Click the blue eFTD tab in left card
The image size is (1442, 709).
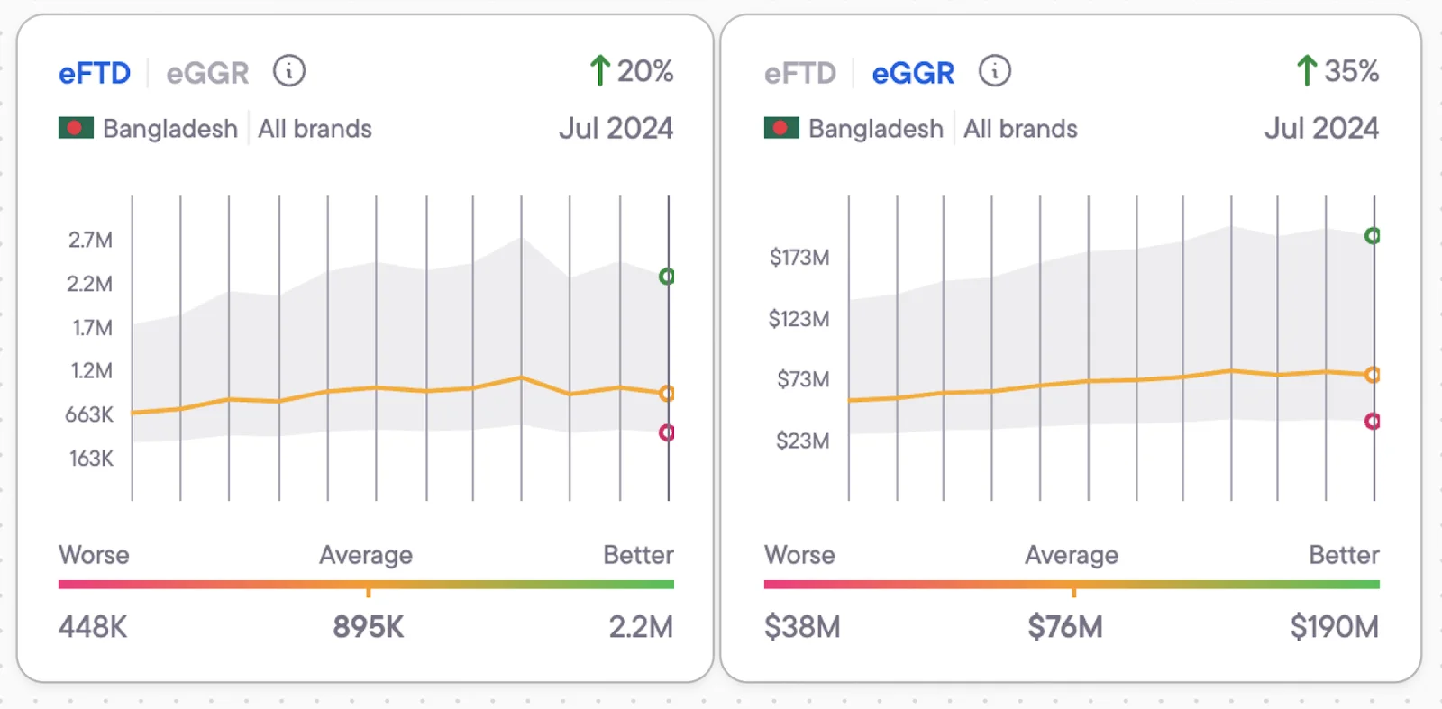pos(95,73)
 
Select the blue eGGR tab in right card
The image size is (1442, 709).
pos(912,73)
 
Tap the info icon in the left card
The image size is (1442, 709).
pos(289,70)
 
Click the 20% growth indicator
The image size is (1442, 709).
pos(632,70)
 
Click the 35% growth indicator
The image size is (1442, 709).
pos(1337,70)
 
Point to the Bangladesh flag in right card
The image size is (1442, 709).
pos(781,128)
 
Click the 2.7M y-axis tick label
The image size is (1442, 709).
pos(90,240)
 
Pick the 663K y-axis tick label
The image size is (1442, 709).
pos(89,414)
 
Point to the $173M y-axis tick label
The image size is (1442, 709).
pos(799,258)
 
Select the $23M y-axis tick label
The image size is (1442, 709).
pos(802,441)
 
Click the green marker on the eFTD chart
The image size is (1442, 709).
pos(667,277)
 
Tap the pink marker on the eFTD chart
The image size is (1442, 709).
pos(667,433)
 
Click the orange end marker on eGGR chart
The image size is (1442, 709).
pos(1373,375)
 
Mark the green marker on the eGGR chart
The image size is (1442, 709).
pos(1373,236)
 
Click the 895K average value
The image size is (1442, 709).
pos(368,626)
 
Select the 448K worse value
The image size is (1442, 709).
pos(93,626)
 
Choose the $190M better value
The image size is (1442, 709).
pos(1334,626)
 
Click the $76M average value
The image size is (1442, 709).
pos(1064,626)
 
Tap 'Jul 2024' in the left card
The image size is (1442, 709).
pos(616,128)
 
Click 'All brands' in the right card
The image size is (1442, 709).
pos(1020,129)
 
